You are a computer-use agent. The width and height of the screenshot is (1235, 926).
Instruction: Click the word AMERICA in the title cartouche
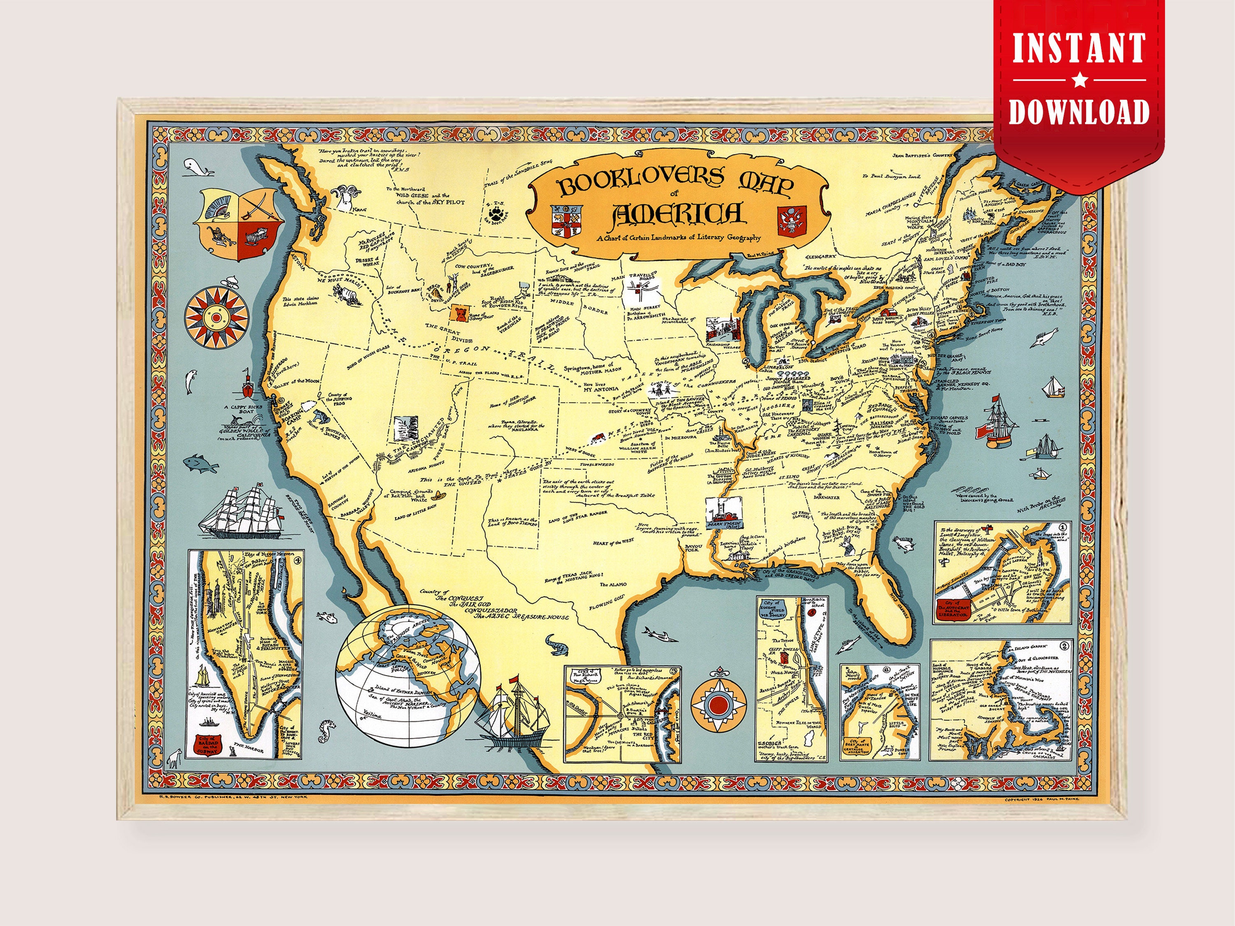[677, 214]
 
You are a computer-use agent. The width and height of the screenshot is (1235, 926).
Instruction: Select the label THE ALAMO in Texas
[613, 584]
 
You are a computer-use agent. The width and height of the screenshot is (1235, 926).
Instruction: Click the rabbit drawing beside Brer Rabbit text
[849, 549]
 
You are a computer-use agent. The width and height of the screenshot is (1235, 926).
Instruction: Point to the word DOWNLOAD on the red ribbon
[1079, 112]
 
